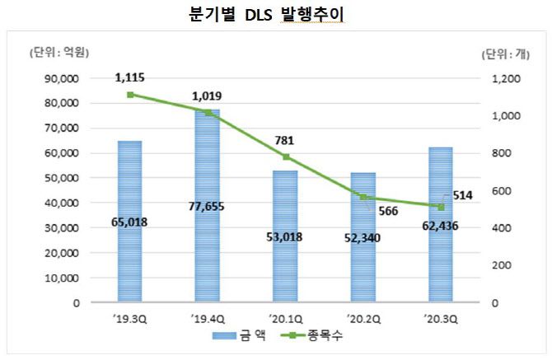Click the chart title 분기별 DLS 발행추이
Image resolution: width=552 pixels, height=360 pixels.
click(276, 16)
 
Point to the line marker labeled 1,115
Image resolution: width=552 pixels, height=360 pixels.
click(129, 95)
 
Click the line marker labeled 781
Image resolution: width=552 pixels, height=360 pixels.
click(284, 157)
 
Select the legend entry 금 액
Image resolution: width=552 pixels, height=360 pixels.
click(236, 336)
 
